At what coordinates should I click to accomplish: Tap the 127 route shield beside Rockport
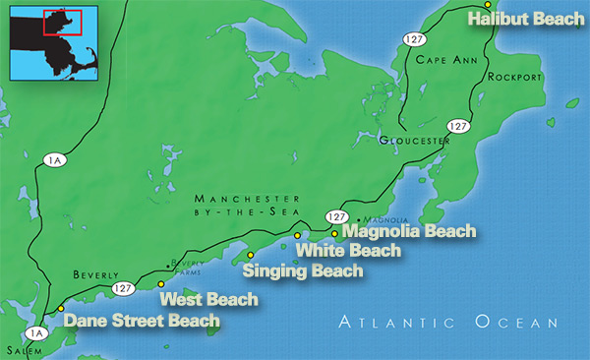tap(457, 126)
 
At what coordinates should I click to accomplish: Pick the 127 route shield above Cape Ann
tap(410, 37)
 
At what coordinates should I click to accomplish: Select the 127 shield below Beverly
tap(124, 288)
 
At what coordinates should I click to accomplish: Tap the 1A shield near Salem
tap(38, 332)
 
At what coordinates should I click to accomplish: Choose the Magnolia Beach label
tap(408, 232)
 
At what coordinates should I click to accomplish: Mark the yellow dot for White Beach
tap(297, 236)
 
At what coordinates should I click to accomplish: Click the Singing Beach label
tap(303, 270)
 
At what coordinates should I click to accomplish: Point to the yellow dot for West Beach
tap(161, 284)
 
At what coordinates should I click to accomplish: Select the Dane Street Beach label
tap(141, 320)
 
